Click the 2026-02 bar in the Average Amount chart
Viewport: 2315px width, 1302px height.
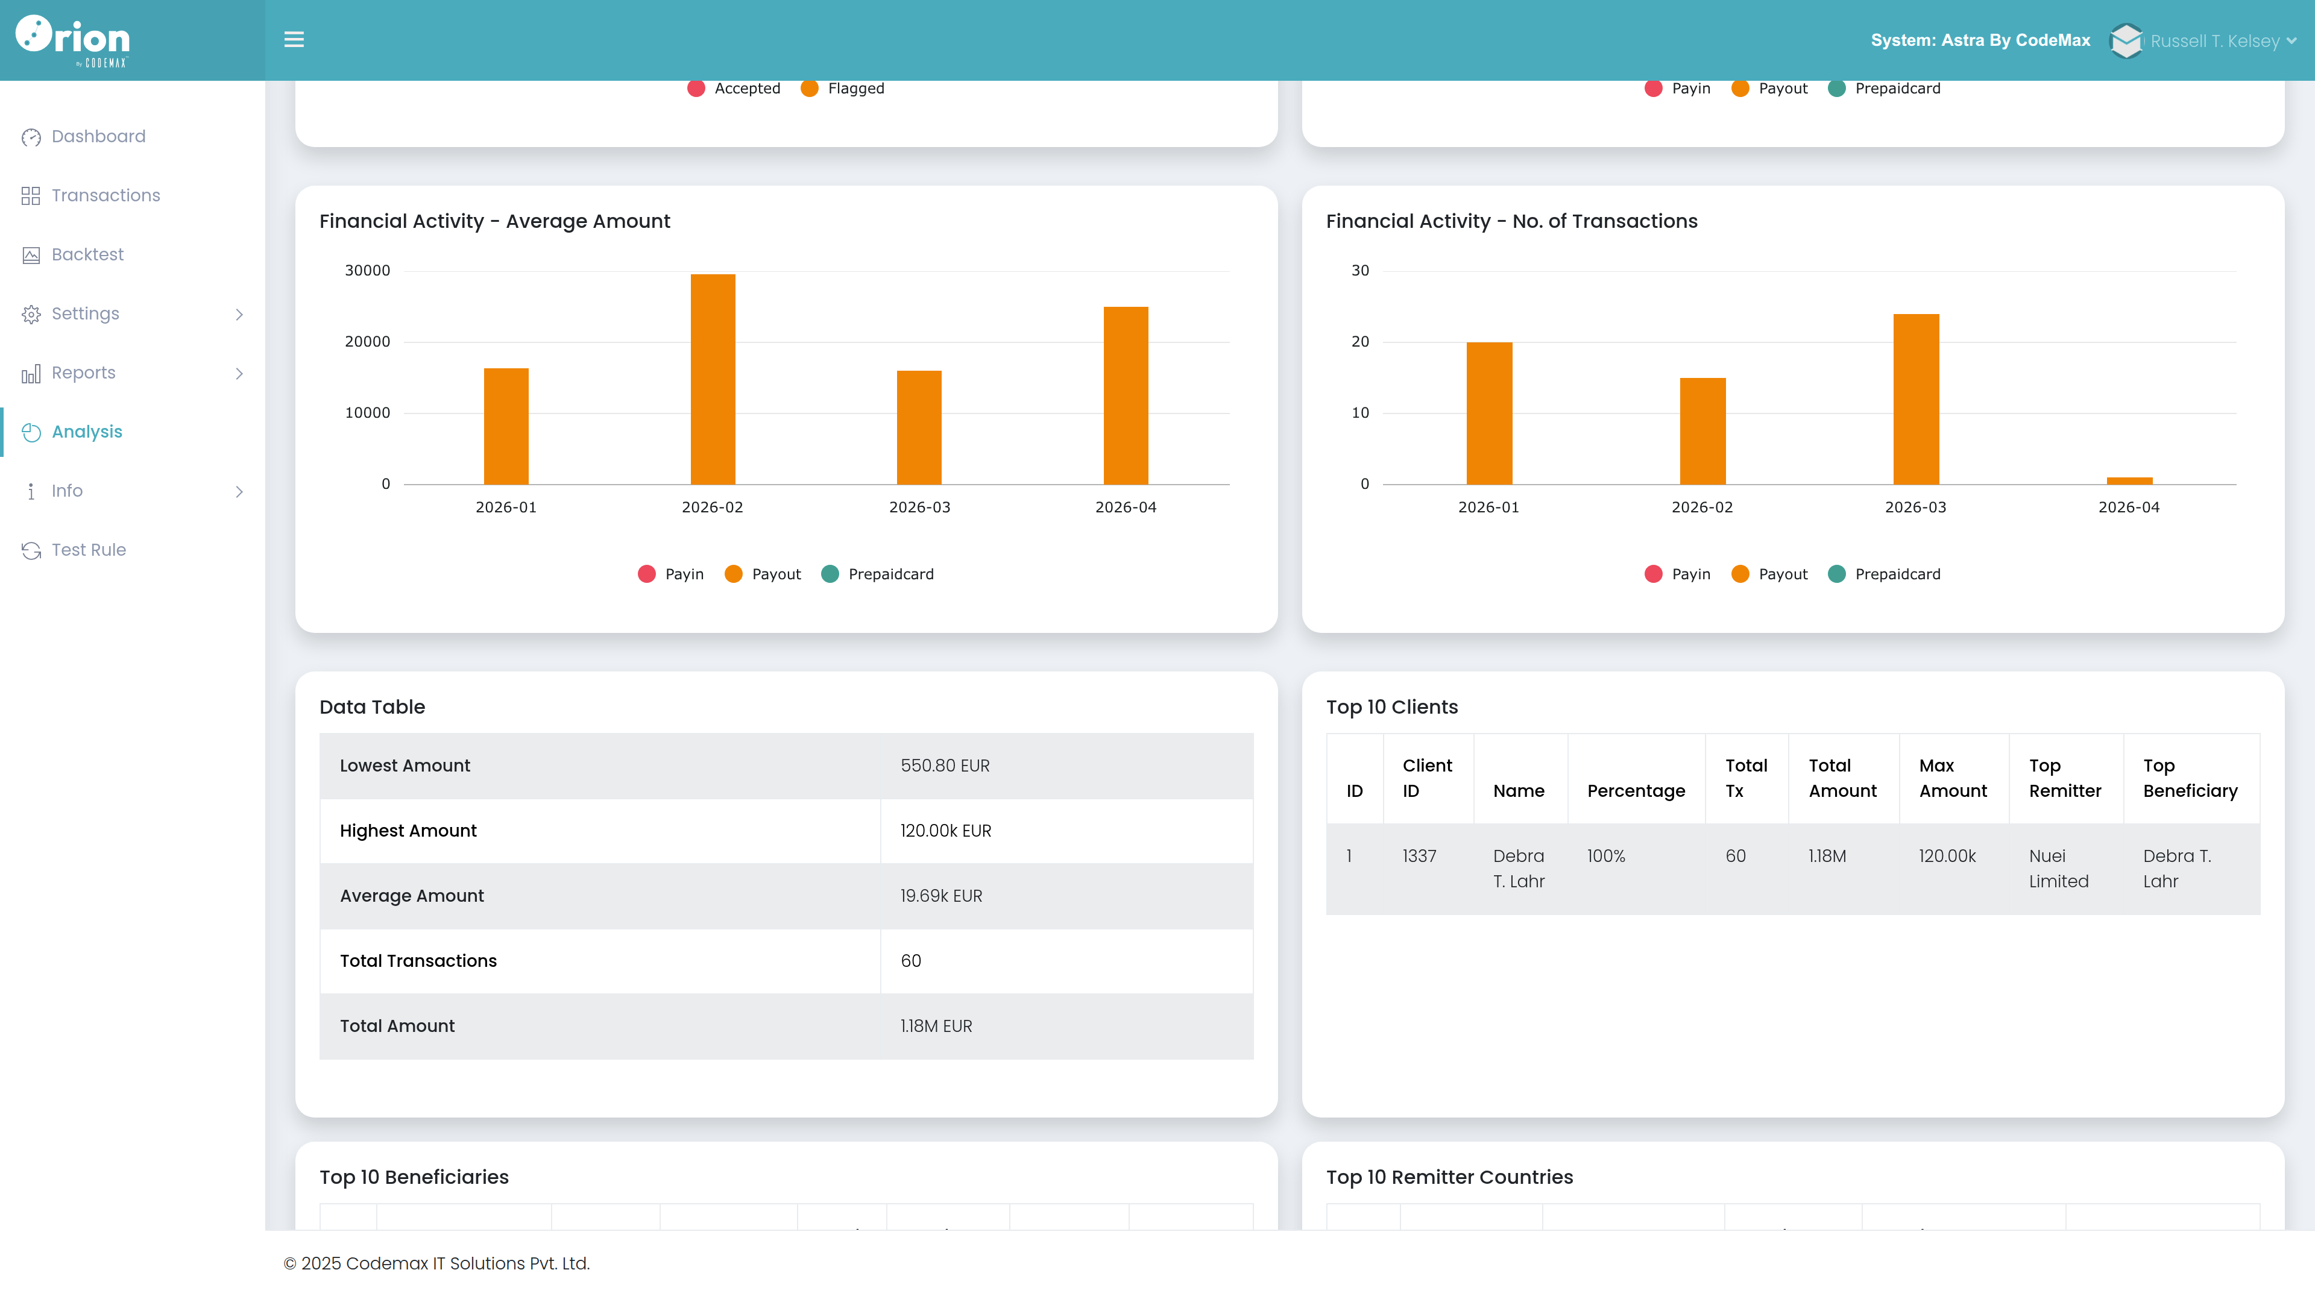coord(713,379)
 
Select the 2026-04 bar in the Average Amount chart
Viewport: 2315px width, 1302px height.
coord(1126,395)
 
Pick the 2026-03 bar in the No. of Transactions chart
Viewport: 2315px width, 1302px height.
coord(1916,399)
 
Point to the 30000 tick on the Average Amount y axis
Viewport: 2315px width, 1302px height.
coord(368,271)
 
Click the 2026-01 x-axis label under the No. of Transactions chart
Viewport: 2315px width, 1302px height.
coord(1488,508)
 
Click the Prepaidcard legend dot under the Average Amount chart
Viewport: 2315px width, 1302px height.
coord(830,574)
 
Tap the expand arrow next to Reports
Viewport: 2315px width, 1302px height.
coord(239,373)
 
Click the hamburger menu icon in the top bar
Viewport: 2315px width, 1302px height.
coord(294,40)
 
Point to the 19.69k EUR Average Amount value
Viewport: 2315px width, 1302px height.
coord(941,896)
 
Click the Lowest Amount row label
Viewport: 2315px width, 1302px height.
coord(405,766)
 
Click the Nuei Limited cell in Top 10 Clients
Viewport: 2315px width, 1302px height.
coord(2058,869)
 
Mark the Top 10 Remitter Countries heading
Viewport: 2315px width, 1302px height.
coord(1449,1177)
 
